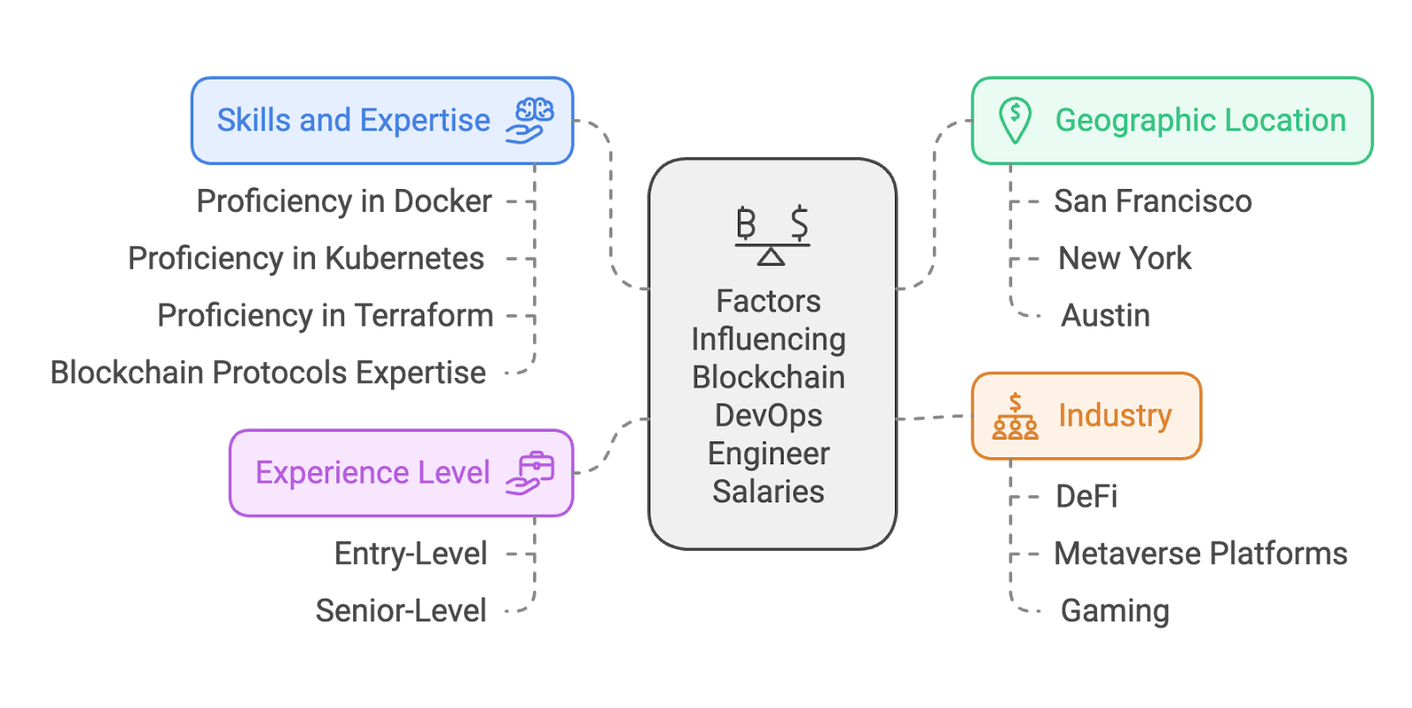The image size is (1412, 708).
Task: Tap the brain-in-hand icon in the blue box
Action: click(529, 121)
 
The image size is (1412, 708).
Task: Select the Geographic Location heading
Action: click(1200, 121)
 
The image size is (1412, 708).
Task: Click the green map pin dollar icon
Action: click(1015, 120)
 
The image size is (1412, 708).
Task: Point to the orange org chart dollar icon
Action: click(1015, 417)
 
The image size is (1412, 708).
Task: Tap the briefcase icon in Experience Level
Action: click(529, 473)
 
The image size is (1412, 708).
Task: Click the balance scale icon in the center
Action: click(772, 234)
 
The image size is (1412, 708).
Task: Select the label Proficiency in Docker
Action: click(344, 201)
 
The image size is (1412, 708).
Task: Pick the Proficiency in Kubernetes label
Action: click(306, 259)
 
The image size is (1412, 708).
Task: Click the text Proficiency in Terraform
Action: click(325, 316)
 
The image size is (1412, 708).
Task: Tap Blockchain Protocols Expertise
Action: click(268, 373)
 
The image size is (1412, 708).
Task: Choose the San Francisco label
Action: click(1153, 201)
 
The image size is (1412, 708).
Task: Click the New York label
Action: click(1124, 259)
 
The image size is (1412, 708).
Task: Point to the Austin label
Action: click(1105, 316)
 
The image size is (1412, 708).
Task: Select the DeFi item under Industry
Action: click(1086, 497)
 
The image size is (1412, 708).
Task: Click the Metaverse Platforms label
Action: click(1200, 554)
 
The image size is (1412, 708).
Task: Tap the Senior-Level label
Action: click(402, 611)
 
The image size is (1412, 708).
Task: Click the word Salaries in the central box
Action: click(769, 492)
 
